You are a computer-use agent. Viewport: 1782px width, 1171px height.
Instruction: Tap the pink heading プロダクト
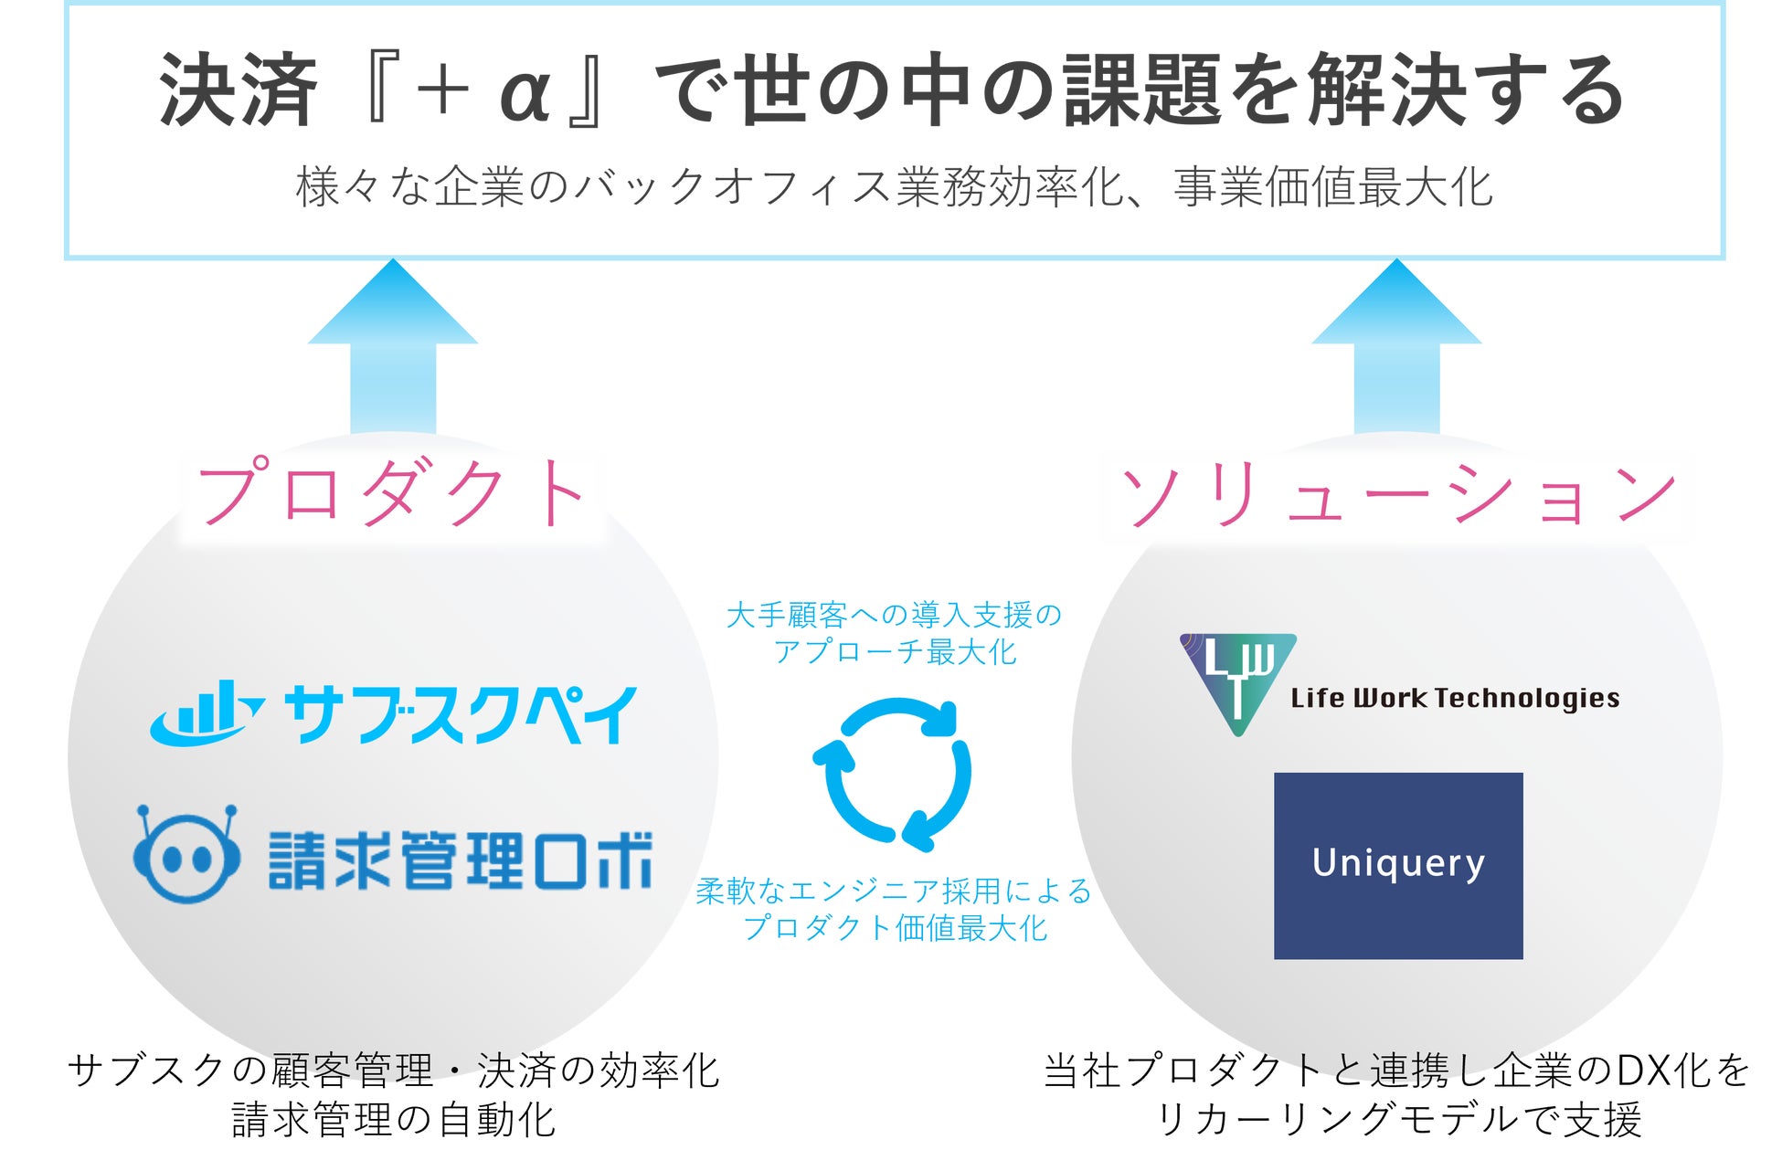pos(391,493)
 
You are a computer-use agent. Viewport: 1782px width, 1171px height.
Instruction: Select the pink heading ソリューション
pos(1398,494)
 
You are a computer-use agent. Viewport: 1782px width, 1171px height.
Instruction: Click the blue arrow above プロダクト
pos(393,347)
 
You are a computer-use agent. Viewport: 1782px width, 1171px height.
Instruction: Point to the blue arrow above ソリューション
pos(1396,347)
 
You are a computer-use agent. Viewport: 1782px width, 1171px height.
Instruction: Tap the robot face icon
pos(187,855)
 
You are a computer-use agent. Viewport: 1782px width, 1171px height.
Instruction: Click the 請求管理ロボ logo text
pos(461,860)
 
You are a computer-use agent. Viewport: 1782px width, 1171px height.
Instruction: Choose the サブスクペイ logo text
pos(460,714)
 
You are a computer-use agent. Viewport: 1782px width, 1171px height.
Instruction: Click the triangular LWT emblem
pos(1237,681)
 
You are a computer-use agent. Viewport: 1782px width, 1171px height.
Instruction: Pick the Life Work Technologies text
pos(1455,699)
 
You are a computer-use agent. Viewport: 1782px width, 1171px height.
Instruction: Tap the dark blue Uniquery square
pos(1398,865)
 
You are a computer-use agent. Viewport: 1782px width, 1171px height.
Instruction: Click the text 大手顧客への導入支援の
pos(894,616)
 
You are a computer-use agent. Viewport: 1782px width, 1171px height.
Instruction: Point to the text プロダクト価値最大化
pos(895,928)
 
